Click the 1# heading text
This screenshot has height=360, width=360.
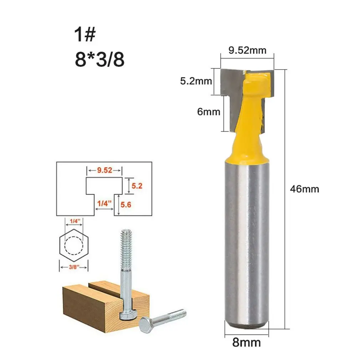point(84,35)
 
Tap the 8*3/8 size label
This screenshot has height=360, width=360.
point(100,59)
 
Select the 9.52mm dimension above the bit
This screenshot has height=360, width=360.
point(247,50)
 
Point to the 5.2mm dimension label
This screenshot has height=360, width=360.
point(196,81)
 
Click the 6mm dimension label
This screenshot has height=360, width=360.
point(209,112)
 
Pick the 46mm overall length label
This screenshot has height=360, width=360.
point(304,189)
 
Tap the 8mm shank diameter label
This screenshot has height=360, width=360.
point(246,342)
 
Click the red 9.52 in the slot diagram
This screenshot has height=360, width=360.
point(104,170)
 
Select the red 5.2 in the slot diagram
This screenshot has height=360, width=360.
point(137,185)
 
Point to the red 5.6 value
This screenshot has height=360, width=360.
point(126,205)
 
